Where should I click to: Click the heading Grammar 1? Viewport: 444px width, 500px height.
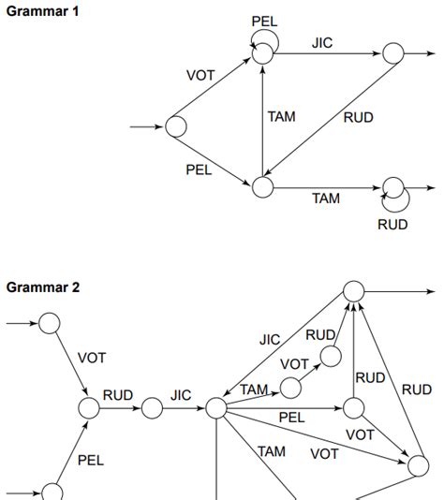click(43, 10)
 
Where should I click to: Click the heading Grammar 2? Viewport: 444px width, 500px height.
click(43, 287)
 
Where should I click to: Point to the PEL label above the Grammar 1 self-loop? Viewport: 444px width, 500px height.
click(265, 21)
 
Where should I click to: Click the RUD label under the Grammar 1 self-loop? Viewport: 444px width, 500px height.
click(392, 225)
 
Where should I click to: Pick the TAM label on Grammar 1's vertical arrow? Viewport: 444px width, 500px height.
click(282, 117)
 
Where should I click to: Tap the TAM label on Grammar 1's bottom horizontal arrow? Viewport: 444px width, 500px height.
click(326, 199)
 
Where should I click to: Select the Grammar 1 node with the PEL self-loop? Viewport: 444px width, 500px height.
click(262, 54)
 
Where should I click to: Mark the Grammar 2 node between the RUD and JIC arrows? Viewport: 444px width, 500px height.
click(152, 408)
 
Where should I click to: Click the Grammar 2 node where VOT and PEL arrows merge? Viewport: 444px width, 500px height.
click(89, 408)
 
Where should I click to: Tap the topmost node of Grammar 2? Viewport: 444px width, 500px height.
click(353, 291)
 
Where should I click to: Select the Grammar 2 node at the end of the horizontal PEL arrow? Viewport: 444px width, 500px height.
click(353, 408)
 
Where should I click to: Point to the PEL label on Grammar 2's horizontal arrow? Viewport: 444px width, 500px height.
click(291, 417)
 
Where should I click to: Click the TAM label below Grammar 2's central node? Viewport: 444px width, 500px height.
click(272, 451)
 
